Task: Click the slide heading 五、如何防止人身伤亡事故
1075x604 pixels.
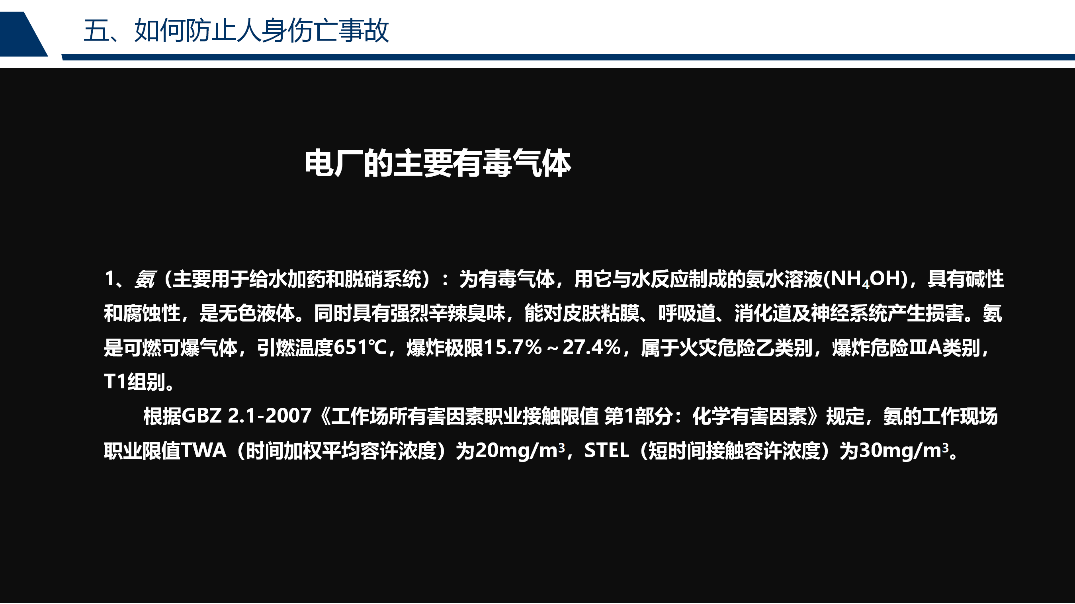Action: (x=236, y=31)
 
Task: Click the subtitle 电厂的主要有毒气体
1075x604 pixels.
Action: (x=437, y=164)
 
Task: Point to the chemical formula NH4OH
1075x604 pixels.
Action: (x=865, y=279)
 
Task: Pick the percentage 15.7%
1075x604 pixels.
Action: (x=512, y=347)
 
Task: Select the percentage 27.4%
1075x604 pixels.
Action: (x=592, y=347)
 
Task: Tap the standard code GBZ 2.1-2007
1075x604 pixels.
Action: (x=246, y=416)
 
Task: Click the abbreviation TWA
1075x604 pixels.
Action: (x=203, y=450)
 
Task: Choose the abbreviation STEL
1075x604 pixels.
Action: (x=606, y=450)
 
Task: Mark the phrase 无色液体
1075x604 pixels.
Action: (x=256, y=313)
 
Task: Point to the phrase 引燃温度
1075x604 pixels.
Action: (x=295, y=347)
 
